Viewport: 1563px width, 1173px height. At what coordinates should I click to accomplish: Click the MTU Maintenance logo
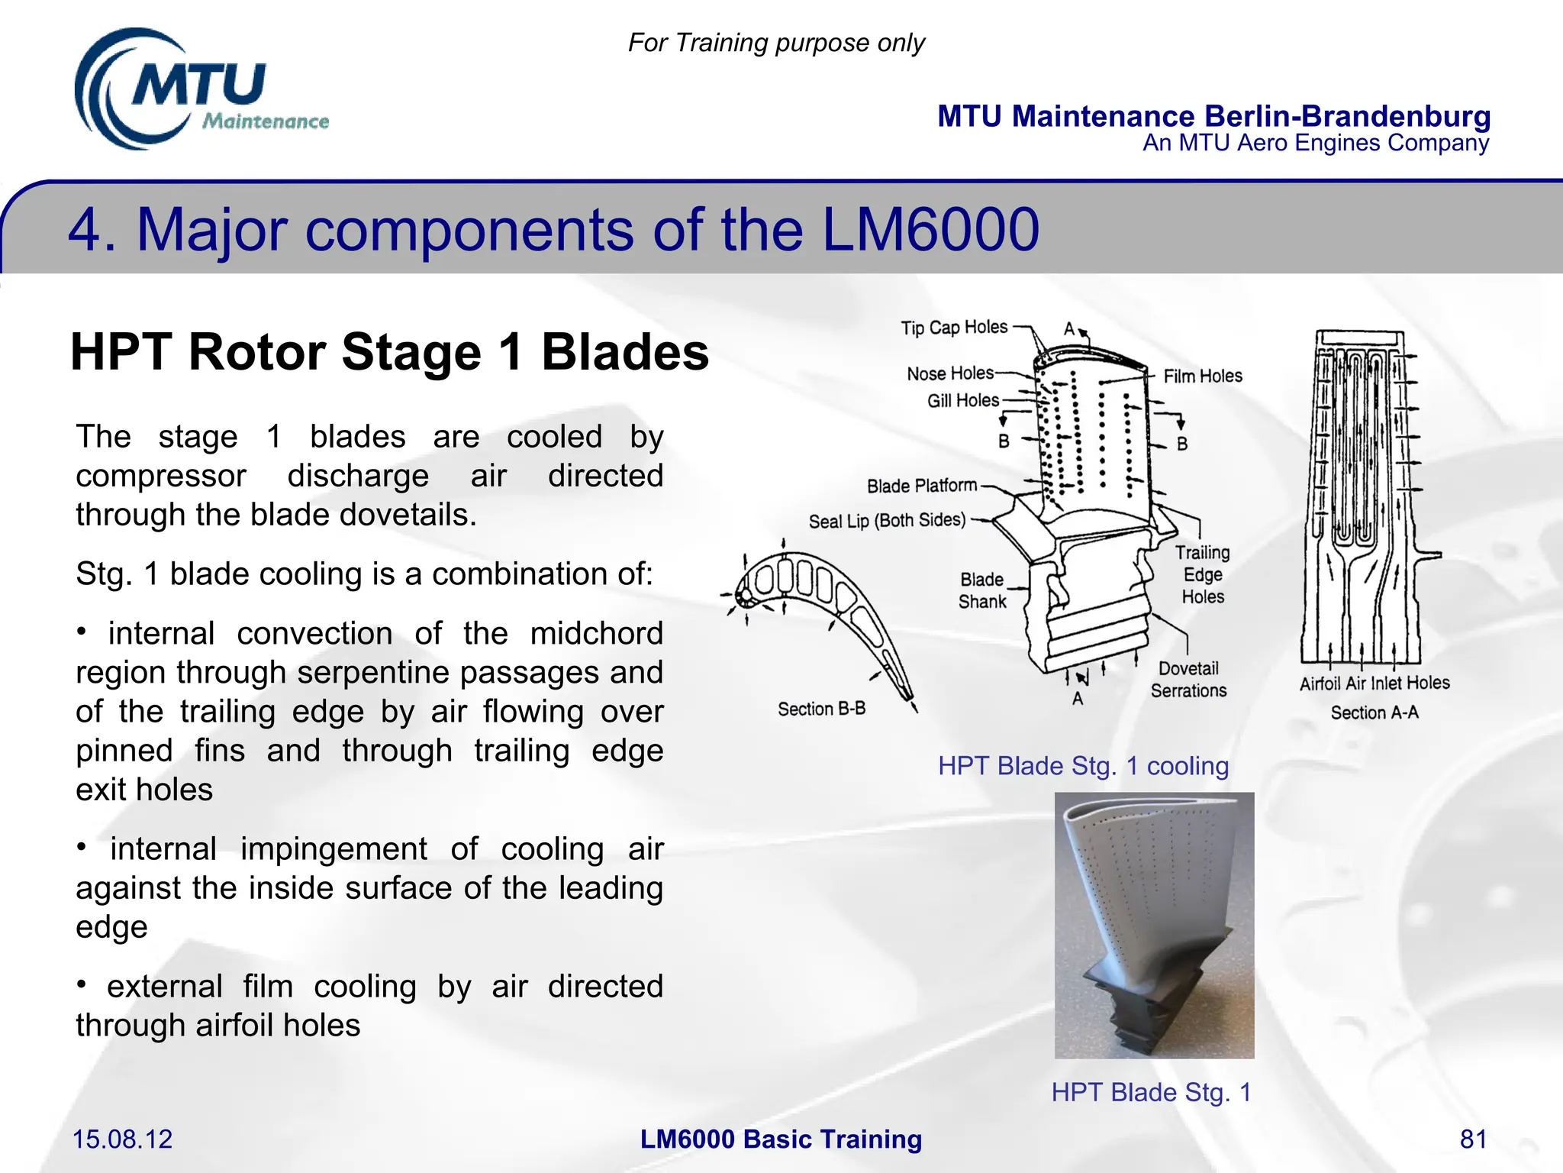[200, 90]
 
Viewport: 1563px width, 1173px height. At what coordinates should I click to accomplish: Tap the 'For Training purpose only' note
[776, 43]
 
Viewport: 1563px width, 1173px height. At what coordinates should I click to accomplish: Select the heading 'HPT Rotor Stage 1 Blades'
[389, 352]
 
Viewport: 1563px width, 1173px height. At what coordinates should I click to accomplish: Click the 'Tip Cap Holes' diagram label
[954, 328]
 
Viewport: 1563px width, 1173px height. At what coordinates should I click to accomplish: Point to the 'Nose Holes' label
[950, 373]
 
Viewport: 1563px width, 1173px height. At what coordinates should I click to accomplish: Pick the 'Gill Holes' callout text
[962, 400]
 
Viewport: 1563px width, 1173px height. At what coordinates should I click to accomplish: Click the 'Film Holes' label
[1203, 376]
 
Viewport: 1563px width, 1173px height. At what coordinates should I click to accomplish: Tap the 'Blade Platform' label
[922, 486]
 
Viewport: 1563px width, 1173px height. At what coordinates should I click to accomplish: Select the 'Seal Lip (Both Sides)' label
[887, 521]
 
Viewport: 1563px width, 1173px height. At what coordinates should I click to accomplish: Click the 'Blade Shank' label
[982, 590]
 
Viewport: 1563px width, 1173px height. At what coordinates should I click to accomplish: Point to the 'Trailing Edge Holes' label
[1203, 574]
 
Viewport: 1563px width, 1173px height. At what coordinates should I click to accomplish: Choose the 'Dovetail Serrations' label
[1188, 680]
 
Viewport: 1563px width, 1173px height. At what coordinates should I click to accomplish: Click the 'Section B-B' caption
[821, 709]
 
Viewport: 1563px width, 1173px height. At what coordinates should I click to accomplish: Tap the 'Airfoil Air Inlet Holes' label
[1374, 683]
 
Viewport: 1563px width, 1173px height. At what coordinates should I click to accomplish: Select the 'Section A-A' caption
[1374, 713]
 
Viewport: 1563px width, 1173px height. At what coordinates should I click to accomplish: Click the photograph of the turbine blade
[1154, 925]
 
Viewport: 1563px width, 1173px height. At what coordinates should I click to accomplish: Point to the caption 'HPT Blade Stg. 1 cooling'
[1083, 765]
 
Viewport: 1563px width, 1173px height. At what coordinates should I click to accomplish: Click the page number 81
[1473, 1139]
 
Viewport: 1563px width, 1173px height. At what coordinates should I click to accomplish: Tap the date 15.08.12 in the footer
[122, 1139]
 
